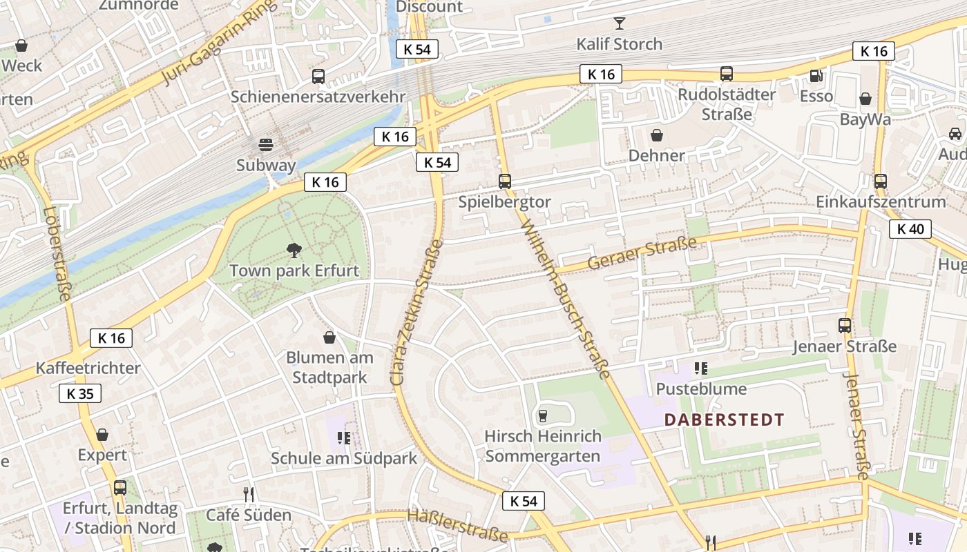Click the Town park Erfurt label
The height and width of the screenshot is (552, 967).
294,270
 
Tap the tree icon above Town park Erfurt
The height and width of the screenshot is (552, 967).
294,250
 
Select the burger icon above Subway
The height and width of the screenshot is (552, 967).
266,144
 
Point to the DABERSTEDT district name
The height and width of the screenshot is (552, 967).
725,420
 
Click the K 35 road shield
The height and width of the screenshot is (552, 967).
80,393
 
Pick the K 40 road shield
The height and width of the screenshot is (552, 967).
910,229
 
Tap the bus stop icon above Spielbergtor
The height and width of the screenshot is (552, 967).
505,181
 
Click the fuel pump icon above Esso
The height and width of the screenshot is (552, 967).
816,75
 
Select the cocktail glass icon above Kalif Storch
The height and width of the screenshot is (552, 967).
619,23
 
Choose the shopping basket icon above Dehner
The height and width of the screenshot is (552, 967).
656,135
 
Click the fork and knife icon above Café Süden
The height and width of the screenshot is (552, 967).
249,494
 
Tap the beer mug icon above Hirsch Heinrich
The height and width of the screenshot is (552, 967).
542,415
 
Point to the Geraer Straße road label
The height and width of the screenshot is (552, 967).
642,253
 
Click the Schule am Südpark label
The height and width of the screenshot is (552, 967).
344,458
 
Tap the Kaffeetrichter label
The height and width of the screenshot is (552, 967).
88,368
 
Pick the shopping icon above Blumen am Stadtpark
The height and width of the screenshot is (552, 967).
329,337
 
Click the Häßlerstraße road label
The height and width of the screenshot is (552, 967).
457,525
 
